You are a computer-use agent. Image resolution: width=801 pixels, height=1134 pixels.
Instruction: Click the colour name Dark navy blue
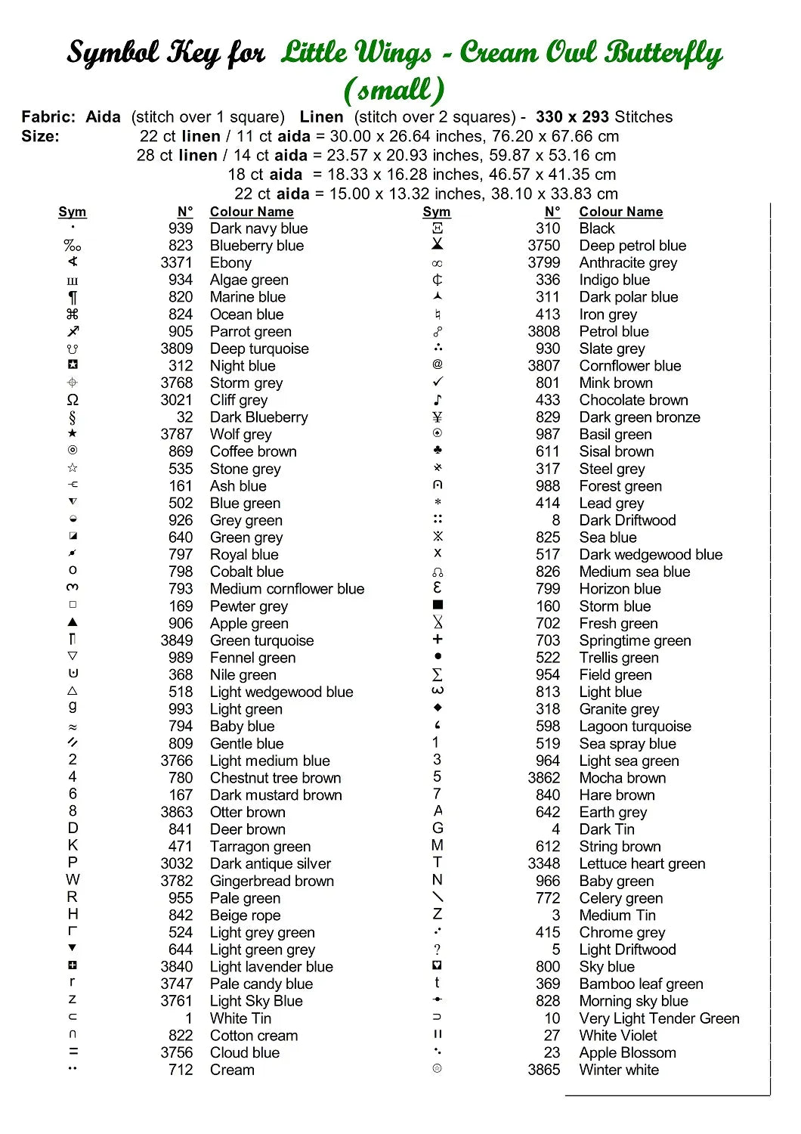(x=258, y=228)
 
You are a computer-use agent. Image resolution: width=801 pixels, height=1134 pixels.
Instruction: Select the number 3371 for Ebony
(x=176, y=262)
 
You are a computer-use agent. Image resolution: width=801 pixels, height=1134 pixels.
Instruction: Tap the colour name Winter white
(x=618, y=1070)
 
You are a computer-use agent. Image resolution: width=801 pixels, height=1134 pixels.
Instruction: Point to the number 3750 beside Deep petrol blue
(x=543, y=246)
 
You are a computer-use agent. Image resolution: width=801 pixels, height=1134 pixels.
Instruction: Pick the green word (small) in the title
(x=394, y=90)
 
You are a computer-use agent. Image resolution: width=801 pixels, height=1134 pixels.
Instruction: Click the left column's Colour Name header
(x=252, y=212)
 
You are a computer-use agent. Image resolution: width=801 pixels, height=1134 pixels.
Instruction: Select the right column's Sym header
(x=436, y=212)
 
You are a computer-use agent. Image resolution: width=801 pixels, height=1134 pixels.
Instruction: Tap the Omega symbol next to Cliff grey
(x=73, y=400)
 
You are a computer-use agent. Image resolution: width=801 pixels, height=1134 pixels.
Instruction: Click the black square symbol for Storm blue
(x=438, y=605)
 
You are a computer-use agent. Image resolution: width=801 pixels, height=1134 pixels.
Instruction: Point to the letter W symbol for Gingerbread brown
(x=73, y=879)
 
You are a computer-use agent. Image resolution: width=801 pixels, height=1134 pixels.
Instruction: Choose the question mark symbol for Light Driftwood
(x=438, y=950)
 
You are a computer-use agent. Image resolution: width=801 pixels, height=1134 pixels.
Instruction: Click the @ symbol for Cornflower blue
(x=438, y=364)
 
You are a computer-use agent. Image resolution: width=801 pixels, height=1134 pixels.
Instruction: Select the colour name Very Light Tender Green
(x=659, y=1018)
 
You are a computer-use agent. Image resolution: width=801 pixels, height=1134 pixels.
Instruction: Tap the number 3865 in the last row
(x=543, y=1070)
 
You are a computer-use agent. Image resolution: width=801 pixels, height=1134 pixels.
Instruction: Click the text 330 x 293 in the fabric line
(x=572, y=116)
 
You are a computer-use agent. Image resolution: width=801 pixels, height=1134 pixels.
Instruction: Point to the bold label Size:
(x=40, y=136)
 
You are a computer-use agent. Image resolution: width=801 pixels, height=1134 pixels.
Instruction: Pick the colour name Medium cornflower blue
(x=286, y=589)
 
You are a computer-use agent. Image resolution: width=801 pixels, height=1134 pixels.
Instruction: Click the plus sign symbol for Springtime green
(x=438, y=640)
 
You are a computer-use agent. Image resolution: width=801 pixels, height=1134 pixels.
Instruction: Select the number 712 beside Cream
(x=181, y=1070)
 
